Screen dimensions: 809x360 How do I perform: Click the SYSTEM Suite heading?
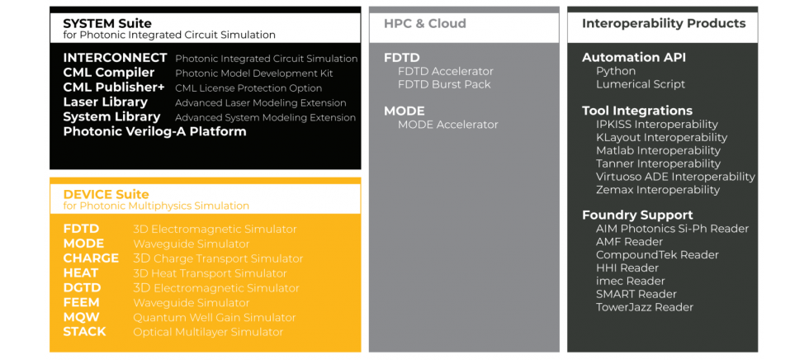coord(107,23)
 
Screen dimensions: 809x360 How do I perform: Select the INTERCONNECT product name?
coord(115,58)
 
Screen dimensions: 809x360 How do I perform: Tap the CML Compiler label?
coord(109,73)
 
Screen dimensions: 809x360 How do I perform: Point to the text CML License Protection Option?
coord(248,88)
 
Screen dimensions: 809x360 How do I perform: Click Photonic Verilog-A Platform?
coord(155,131)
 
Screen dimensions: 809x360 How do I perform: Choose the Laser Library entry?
coord(106,102)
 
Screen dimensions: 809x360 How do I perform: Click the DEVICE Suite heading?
coord(106,194)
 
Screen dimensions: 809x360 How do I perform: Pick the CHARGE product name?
coord(91,258)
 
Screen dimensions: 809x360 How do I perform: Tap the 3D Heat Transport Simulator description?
coord(210,272)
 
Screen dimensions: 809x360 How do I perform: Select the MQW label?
coord(81,317)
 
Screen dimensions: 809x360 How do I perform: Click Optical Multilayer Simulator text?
coord(208,332)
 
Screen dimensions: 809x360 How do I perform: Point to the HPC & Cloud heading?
coord(424,24)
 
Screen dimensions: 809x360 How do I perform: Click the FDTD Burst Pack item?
coord(444,84)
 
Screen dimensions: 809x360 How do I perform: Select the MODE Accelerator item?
coord(447,125)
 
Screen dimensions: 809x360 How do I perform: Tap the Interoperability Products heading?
coord(664,23)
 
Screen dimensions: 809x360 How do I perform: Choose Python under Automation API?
coord(616,71)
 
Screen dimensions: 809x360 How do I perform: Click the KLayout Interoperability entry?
coord(661,138)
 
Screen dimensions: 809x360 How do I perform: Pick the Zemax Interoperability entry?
coord(658,190)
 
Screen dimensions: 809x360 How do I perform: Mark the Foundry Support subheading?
coord(637,215)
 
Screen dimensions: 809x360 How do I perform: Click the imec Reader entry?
coord(631,281)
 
